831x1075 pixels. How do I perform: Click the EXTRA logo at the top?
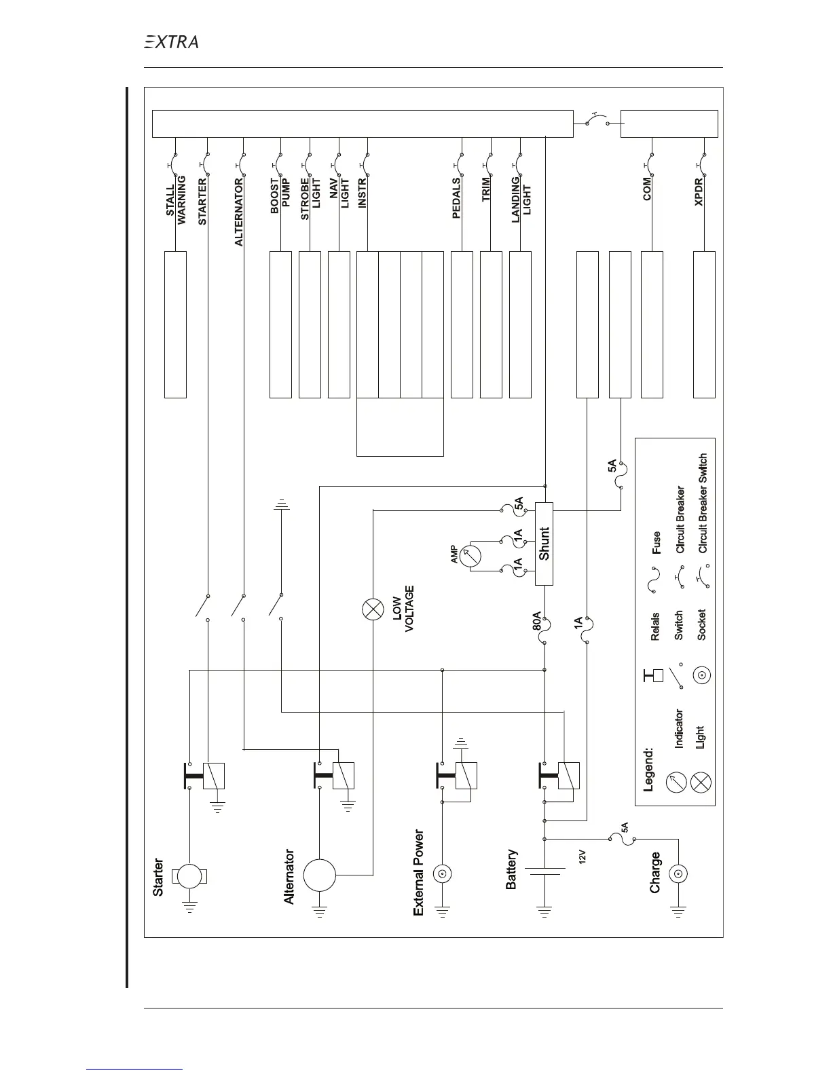(x=171, y=42)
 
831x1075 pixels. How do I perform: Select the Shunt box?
(x=544, y=544)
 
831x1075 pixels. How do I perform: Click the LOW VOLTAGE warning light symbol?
(x=373, y=609)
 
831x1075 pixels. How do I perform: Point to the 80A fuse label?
(x=536, y=622)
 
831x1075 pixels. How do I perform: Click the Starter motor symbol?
(x=190, y=875)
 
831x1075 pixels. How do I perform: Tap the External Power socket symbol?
(x=443, y=874)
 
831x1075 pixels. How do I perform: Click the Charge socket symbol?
(x=679, y=875)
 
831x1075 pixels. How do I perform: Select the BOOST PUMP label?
(x=280, y=197)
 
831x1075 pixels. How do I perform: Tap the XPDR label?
(x=699, y=193)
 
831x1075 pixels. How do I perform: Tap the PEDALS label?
(x=456, y=198)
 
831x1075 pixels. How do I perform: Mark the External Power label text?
(x=419, y=872)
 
